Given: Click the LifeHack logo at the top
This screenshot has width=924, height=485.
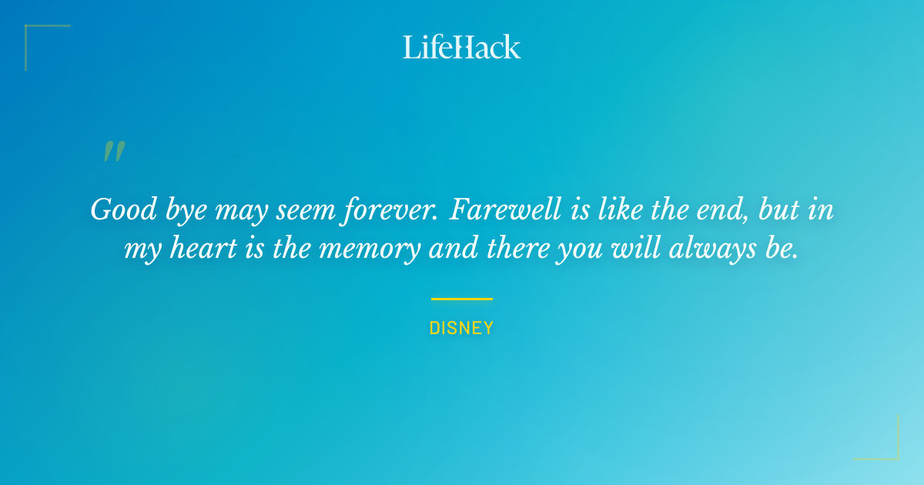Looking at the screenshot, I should tap(462, 47).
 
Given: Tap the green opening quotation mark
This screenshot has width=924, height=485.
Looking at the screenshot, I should tap(114, 152).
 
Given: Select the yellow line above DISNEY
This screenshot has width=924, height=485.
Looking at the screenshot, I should tap(462, 299).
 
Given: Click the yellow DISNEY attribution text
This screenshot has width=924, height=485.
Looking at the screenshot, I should tap(462, 328).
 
